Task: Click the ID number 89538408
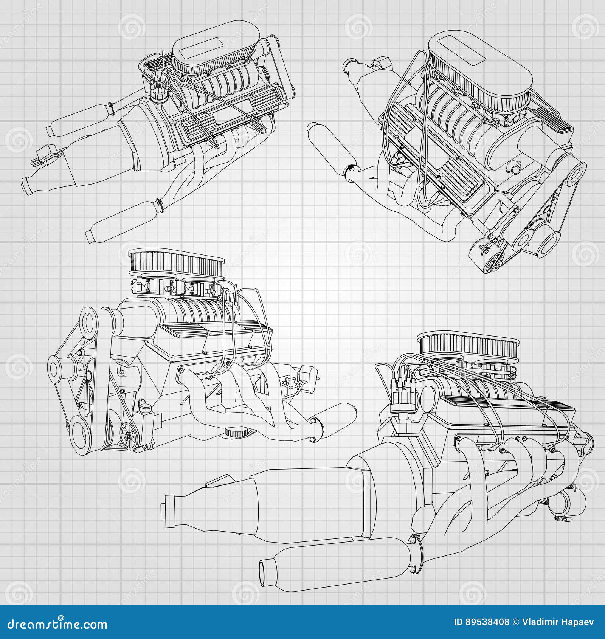(481, 622)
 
